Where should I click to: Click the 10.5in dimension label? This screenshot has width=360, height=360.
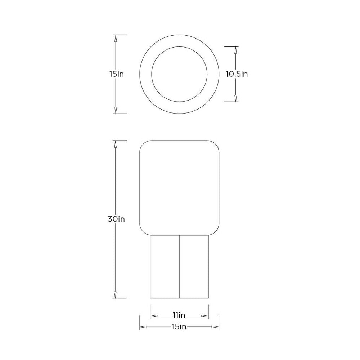(237, 74)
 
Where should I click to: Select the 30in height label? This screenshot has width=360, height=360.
(116, 219)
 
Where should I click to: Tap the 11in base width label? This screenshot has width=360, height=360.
(179, 315)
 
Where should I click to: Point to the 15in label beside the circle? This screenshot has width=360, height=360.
(117, 74)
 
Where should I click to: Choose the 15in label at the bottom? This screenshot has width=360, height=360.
(179, 326)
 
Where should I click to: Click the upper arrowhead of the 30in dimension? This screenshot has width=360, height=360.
(115, 144)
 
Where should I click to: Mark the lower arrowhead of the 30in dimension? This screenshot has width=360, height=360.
(115, 294)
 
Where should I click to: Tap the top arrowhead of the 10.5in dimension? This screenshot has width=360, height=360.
(235, 50)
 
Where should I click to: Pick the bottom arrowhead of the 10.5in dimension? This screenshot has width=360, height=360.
(235, 98)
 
